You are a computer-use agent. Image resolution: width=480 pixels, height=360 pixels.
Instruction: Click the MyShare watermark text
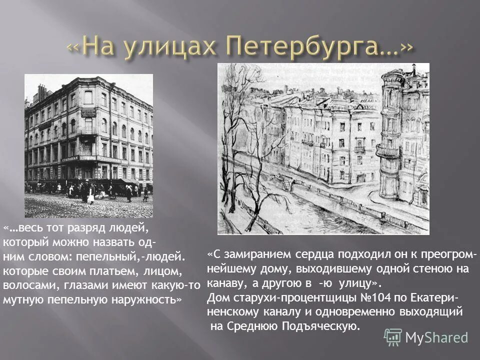tap(436, 337)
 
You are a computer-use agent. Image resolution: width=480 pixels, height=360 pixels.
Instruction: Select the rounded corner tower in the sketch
tap(395, 140)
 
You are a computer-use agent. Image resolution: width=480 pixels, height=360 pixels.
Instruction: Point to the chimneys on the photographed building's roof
tap(42, 92)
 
